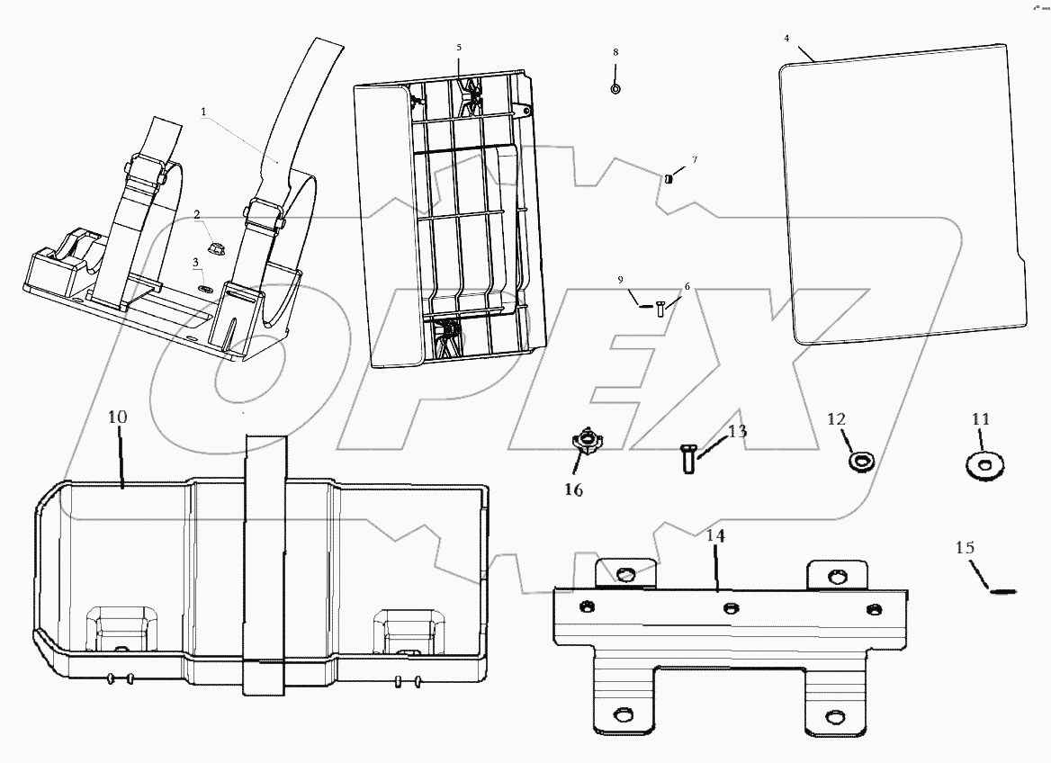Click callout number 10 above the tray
point(118,417)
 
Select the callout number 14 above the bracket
point(714,535)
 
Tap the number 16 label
point(573,489)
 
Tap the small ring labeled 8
point(615,89)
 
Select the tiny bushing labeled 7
point(669,177)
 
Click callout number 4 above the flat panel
point(786,39)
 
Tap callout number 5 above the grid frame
point(458,46)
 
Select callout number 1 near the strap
point(203,112)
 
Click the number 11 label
point(980,418)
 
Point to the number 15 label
point(965,547)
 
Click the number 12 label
point(837,418)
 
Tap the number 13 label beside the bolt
point(737,431)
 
